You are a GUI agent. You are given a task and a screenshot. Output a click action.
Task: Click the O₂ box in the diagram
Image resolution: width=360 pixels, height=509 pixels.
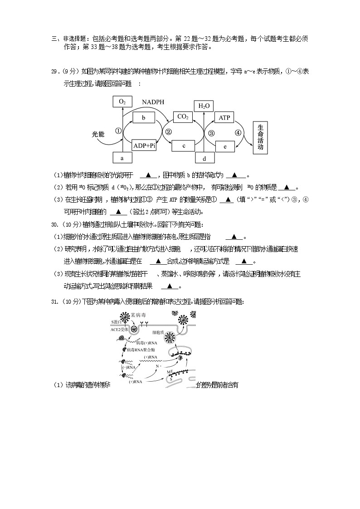tap(122, 102)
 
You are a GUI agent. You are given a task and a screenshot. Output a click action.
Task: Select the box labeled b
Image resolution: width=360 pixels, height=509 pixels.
tap(144, 118)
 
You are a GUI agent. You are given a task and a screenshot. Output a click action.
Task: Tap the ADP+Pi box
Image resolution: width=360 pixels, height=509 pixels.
tap(144, 145)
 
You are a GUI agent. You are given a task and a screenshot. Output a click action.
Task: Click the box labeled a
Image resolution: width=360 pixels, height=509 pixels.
tap(122, 158)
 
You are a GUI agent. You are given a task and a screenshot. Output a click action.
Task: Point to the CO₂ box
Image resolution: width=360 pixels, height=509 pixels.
tap(183, 117)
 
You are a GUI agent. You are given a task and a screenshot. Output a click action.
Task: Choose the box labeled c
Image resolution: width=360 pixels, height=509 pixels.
tap(183, 145)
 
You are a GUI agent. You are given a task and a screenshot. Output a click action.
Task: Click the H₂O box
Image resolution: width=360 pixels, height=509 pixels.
tap(203, 106)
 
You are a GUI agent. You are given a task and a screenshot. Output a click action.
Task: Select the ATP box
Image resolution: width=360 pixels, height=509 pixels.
tap(224, 118)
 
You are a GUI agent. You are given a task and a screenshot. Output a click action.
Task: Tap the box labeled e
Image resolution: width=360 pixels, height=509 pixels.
tap(225, 146)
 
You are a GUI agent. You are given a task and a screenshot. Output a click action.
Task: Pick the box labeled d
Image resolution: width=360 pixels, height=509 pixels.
tap(204, 158)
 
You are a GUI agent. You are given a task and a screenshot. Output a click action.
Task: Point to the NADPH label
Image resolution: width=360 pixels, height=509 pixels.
tap(153, 102)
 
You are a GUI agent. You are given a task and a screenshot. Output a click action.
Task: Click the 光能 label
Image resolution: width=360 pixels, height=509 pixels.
tap(98, 134)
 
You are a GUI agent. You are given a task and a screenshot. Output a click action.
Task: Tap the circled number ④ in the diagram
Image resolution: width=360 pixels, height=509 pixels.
tap(238, 133)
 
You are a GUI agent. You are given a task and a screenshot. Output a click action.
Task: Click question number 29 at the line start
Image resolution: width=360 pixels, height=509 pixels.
tap(55, 72)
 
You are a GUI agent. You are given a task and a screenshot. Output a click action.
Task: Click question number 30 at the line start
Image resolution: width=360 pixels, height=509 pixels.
tap(55, 224)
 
